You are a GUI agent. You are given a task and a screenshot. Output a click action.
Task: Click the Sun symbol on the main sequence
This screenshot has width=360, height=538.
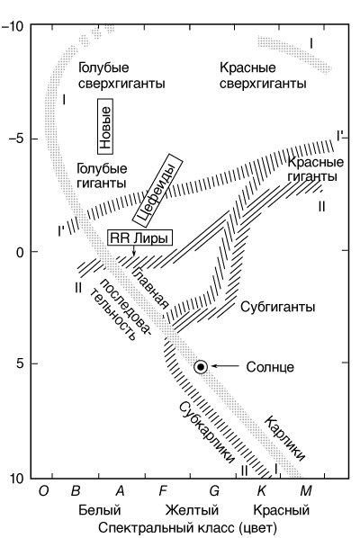[201, 367]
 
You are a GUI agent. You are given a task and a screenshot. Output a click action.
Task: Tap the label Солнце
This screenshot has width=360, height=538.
[270, 367]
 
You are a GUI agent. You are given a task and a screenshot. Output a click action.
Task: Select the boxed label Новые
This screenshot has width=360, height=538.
[105, 127]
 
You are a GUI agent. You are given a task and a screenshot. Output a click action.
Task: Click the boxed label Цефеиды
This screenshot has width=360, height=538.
[157, 190]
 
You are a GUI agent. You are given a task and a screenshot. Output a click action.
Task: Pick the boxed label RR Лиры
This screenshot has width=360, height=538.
[139, 238]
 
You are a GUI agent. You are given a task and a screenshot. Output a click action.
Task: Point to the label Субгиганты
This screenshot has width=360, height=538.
[277, 307]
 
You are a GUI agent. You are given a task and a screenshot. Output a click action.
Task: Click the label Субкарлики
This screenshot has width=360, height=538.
[207, 432]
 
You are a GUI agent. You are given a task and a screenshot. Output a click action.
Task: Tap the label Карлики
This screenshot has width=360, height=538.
[284, 438]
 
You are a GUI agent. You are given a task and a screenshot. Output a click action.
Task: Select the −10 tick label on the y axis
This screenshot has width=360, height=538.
[13, 26]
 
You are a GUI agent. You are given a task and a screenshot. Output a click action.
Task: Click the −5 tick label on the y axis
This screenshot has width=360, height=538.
[16, 139]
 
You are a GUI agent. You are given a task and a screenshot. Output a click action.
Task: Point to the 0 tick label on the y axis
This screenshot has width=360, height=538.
[20, 252]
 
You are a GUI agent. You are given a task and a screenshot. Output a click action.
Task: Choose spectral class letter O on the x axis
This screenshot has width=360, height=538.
[43, 491]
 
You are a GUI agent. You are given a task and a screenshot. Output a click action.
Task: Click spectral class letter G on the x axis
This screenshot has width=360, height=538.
[214, 491]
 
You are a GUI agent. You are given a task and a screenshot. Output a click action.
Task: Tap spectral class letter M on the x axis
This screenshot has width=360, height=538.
[306, 491]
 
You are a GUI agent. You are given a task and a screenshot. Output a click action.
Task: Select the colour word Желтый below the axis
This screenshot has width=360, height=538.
[192, 510]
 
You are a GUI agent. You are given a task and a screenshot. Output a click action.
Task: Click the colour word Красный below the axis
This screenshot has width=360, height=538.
[282, 510]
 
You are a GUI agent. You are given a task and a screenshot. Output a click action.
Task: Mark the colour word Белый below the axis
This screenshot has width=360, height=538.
[100, 510]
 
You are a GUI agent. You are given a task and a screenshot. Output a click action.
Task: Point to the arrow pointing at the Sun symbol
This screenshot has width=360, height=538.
[225, 366]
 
